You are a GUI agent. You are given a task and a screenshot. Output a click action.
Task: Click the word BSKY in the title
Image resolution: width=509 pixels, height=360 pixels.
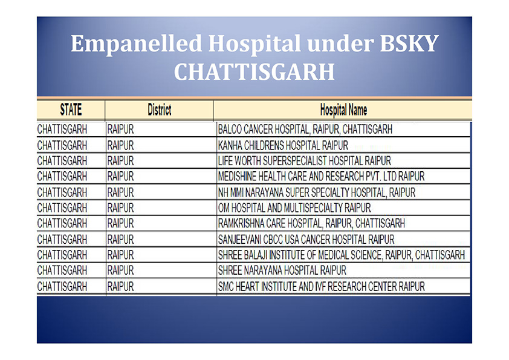[409, 43]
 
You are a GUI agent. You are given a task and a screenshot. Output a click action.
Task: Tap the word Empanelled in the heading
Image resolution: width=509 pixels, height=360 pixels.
[137, 44]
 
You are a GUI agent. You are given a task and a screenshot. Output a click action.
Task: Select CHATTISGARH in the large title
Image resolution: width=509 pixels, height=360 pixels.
[254, 72]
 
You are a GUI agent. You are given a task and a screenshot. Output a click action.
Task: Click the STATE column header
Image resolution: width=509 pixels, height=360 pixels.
[71, 110]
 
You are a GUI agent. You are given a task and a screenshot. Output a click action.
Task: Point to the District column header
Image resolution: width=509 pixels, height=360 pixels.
[160, 110]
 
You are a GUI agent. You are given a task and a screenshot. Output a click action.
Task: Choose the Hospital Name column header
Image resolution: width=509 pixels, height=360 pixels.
[343, 110]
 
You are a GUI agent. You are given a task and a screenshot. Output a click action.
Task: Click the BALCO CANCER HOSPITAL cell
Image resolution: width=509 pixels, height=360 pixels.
[305, 129]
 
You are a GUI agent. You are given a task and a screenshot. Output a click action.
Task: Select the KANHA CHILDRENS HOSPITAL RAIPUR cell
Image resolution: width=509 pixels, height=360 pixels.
[283, 145]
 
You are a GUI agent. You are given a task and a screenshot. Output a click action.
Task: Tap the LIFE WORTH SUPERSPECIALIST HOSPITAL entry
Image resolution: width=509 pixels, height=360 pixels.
[305, 161]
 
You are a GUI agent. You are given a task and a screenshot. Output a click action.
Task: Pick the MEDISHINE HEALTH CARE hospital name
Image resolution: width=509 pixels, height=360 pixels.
[321, 177]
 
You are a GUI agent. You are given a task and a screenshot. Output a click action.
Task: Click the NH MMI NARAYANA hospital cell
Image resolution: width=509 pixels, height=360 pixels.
[317, 192]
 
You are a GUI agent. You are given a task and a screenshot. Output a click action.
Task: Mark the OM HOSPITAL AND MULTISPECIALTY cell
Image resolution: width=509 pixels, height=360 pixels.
[294, 208]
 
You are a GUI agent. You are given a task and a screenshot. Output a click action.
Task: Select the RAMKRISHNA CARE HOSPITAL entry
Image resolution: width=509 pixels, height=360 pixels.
[311, 223]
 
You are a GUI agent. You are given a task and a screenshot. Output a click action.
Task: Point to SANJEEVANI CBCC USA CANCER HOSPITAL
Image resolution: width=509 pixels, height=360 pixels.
[306, 240]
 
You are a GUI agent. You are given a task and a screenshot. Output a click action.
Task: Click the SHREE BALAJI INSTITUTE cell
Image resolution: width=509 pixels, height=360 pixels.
[341, 255]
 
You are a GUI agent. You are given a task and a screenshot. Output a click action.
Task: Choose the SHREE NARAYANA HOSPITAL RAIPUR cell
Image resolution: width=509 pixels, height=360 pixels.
[282, 270]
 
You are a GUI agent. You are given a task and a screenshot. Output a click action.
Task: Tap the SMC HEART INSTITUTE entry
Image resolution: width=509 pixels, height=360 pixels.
[322, 287]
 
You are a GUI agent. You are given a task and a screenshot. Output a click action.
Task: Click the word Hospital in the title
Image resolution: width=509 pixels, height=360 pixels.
[254, 44]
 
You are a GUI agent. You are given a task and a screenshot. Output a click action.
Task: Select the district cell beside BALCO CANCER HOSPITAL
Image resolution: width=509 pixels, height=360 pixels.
[120, 129]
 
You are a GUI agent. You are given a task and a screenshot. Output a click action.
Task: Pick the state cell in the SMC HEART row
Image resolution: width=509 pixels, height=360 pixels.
[62, 287]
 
